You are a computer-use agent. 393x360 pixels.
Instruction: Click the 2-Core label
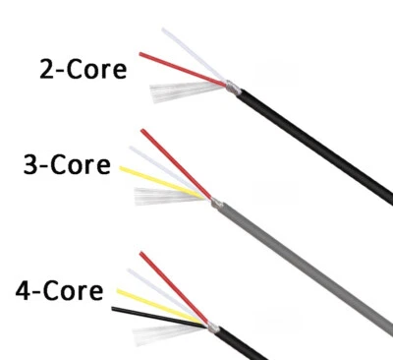click(84, 70)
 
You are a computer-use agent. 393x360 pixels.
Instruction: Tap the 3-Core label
click(67, 163)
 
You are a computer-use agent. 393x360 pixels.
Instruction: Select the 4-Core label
click(59, 290)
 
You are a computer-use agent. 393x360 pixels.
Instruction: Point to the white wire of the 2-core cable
click(192, 53)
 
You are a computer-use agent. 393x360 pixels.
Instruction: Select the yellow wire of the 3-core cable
click(157, 179)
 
